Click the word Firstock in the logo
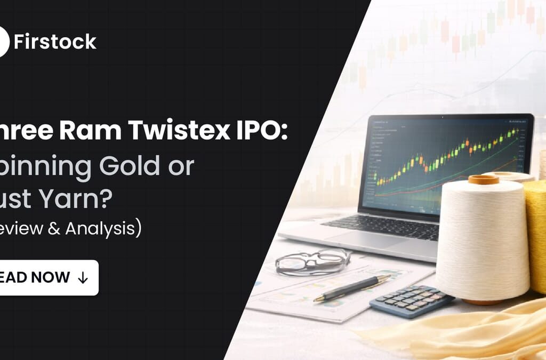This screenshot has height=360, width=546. [x=55, y=42]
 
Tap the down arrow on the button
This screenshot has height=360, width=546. [x=83, y=278]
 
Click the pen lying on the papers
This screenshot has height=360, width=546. [x=352, y=289]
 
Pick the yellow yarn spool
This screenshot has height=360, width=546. [x=537, y=235]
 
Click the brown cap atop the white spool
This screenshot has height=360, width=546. [x=483, y=180]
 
